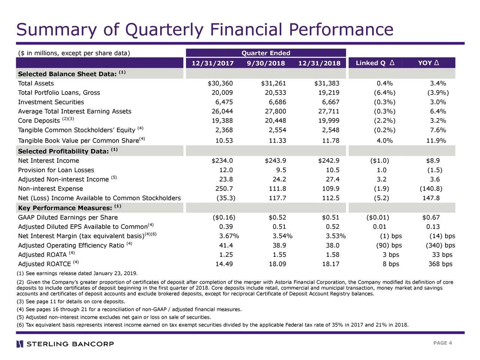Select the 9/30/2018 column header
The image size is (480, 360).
(266, 63)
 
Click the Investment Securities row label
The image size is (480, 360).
(51, 102)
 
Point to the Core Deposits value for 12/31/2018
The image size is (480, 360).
(328, 120)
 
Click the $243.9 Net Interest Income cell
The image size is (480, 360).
(275, 160)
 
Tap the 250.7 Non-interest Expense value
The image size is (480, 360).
(224, 189)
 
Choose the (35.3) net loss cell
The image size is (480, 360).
(226, 198)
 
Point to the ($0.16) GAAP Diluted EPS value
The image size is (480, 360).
(224, 217)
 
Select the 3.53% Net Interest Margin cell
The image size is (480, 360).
(336, 236)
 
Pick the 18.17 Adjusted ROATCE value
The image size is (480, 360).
(330, 264)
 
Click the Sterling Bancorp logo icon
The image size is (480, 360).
(20, 344)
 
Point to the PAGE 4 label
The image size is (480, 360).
(442, 343)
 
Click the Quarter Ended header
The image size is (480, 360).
(266, 53)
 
